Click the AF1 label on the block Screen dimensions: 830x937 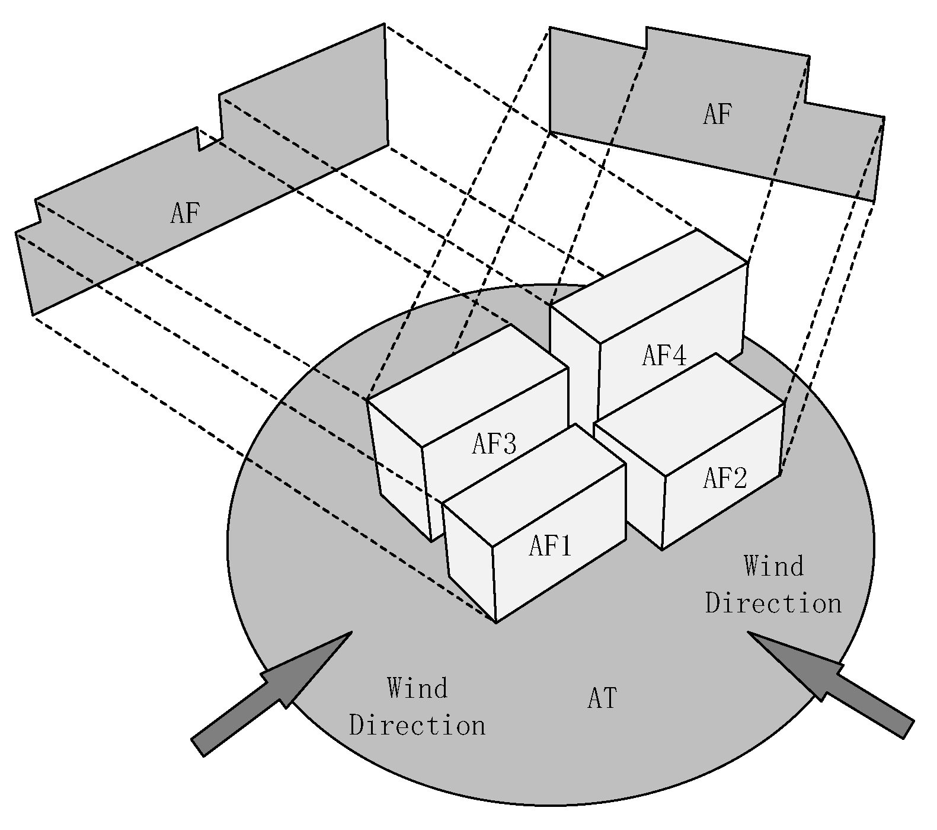[549, 546]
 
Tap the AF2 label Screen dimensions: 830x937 [725, 478]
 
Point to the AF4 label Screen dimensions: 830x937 [664, 356]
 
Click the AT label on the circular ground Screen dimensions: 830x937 [602, 699]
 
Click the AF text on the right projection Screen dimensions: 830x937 [717, 114]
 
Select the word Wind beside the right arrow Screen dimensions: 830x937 [773, 566]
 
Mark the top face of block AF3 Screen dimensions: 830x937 [468, 385]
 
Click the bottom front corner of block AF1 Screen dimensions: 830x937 [495, 622]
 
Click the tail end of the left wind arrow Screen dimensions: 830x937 [198, 747]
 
